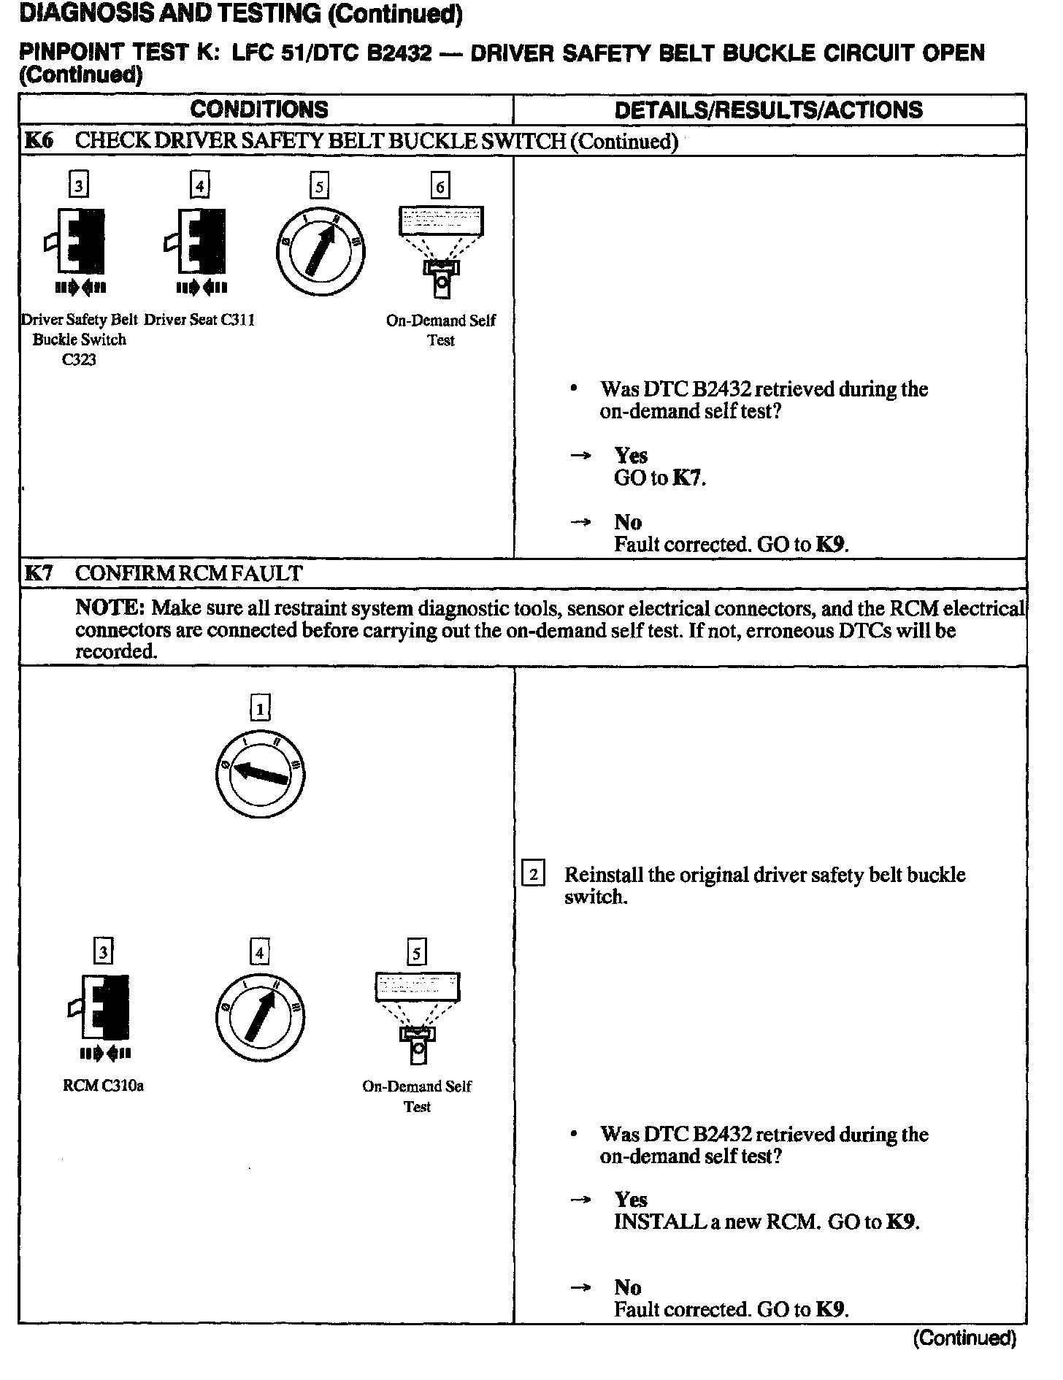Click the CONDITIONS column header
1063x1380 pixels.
[x=259, y=110]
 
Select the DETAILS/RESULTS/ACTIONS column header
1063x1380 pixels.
[x=768, y=110]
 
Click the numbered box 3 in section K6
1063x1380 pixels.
[x=78, y=186]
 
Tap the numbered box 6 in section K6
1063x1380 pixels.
[x=440, y=186]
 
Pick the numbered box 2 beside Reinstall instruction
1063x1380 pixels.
[x=534, y=874]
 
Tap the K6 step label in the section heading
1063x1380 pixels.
[x=39, y=141]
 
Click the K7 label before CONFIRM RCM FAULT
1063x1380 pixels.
[x=39, y=573]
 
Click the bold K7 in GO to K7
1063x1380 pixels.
[x=688, y=478]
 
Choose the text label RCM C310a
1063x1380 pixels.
[x=103, y=1086]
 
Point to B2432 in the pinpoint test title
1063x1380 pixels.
[x=398, y=53]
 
